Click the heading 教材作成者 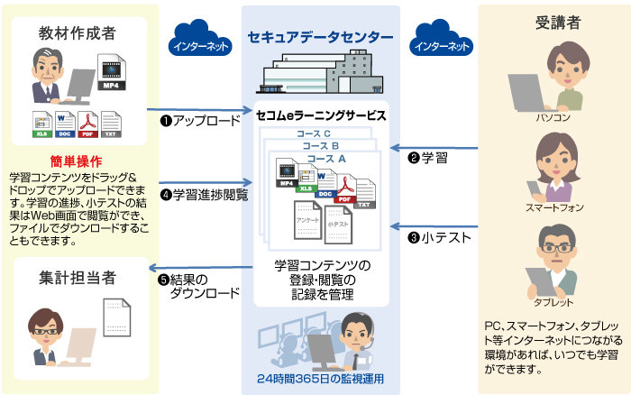tap(76, 32)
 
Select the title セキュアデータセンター tap(320, 37)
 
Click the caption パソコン tap(553, 117)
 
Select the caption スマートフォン tap(553, 207)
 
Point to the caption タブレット tap(553, 302)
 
